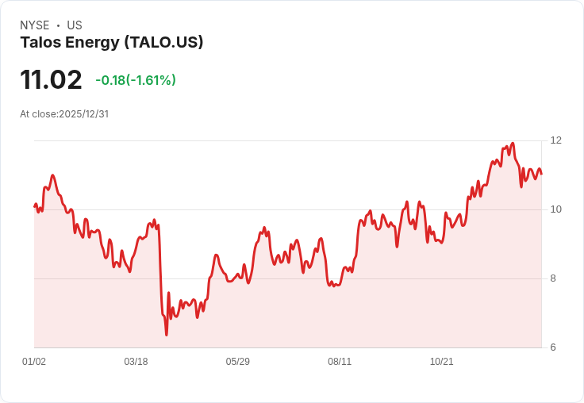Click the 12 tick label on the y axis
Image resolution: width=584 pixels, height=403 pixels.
click(555, 140)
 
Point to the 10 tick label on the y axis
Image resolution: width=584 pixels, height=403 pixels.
click(555, 209)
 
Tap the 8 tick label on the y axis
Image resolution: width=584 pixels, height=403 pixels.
click(553, 278)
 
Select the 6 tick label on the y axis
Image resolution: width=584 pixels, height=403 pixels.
click(553, 347)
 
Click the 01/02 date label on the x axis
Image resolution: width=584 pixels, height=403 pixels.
click(34, 361)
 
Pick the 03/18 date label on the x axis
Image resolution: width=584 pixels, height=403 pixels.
click(136, 361)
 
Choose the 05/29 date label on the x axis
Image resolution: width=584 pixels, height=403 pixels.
click(237, 361)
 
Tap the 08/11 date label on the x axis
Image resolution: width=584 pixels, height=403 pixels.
click(340, 361)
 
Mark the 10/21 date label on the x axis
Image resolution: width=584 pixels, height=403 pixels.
click(442, 361)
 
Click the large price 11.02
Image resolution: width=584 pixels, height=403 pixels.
click(51, 79)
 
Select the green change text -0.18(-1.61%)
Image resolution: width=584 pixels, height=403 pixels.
click(136, 80)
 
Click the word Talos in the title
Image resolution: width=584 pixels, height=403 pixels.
click(40, 42)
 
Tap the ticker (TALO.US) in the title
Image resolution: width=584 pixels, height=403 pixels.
click(164, 42)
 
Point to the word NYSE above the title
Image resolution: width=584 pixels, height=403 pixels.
click(35, 25)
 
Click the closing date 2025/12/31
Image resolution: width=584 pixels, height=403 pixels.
click(84, 114)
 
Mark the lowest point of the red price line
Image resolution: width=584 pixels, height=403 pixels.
click(166, 335)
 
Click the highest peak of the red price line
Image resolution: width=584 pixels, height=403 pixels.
click(513, 143)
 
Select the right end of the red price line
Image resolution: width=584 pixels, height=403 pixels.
click(541, 174)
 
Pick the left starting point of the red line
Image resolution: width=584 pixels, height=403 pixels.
click(35, 206)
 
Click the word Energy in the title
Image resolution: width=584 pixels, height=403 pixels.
click(92, 43)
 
